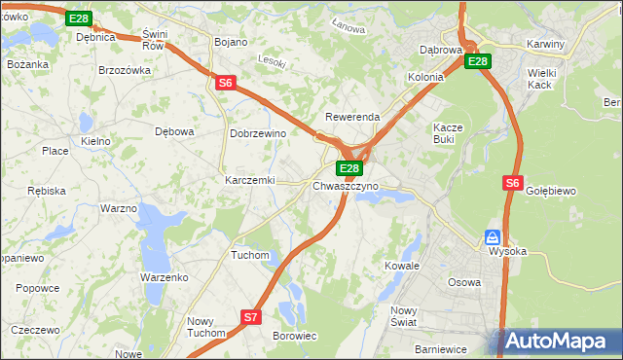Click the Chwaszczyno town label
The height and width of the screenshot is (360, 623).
pyautogui.click(x=346, y=185)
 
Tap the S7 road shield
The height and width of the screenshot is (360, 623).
pyautogui.click(x=251, y=316)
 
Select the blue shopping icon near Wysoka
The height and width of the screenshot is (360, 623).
pyautogui.click(x=494, y=237)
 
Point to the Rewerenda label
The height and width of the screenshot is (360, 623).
pyautogui.click(x=352, y=117)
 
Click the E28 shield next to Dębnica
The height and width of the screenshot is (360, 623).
pyautogui.click(x=80, y=18)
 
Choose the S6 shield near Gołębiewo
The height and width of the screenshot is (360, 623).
pyautogui.click(x=514, y=182)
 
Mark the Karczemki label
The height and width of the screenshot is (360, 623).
pyautogui.click(x=250, y=180)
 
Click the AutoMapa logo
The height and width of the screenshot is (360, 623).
pyautogui.click(x=559, y=341)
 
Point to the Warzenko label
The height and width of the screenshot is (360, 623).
pyautogui.click(x=164, y=277)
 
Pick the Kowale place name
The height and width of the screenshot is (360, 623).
pyautogui.click(x=401, y=265)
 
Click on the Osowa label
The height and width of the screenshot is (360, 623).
pyautogui.click(x=463, y=282)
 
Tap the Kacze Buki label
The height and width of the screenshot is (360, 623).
pyautogui.click(x=450, y=133)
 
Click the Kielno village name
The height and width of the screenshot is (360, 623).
pyautogui.click(x=95, y=141)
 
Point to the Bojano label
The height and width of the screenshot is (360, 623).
pyautogui.click(x=231, y=42)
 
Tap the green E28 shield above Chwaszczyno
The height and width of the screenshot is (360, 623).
pyautogui.click(x=350, y=168)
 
